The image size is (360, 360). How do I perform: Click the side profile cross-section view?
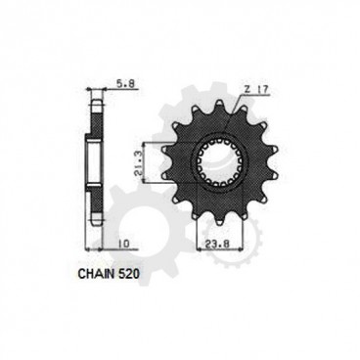click(96, 157)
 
